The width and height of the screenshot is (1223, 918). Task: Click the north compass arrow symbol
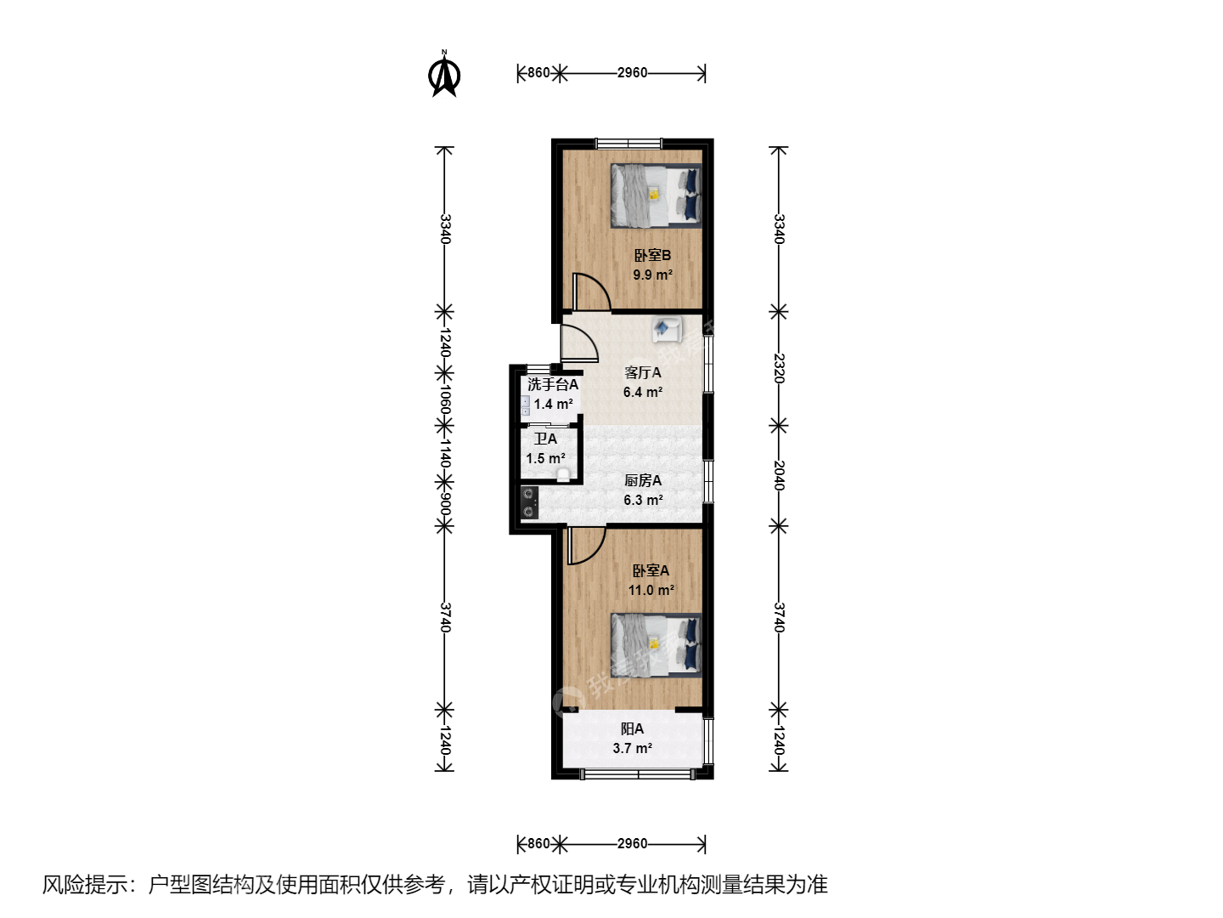[444, 74]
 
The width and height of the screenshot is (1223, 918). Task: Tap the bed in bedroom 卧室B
[656, 195]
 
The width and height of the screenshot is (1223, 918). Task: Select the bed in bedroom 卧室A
[656, 645]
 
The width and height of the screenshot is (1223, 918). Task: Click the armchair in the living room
[667, 329]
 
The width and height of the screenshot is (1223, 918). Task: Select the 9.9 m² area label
[652, 275]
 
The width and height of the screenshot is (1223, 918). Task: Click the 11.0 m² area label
[651, 590]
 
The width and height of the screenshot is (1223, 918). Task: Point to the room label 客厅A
[642, 372]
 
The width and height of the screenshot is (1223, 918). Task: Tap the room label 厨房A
[643, 480]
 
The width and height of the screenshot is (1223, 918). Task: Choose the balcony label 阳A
[632, 728]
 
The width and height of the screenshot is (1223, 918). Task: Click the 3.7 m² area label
[633, 748]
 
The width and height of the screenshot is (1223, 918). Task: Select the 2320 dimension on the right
[779, 368]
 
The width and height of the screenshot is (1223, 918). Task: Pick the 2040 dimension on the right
[779, 475]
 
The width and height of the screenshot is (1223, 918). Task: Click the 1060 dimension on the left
[445, 399]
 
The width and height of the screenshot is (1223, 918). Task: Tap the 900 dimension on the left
[445, 504]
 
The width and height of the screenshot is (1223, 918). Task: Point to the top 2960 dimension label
[633, 72]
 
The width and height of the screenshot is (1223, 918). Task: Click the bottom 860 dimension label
[538, 843]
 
